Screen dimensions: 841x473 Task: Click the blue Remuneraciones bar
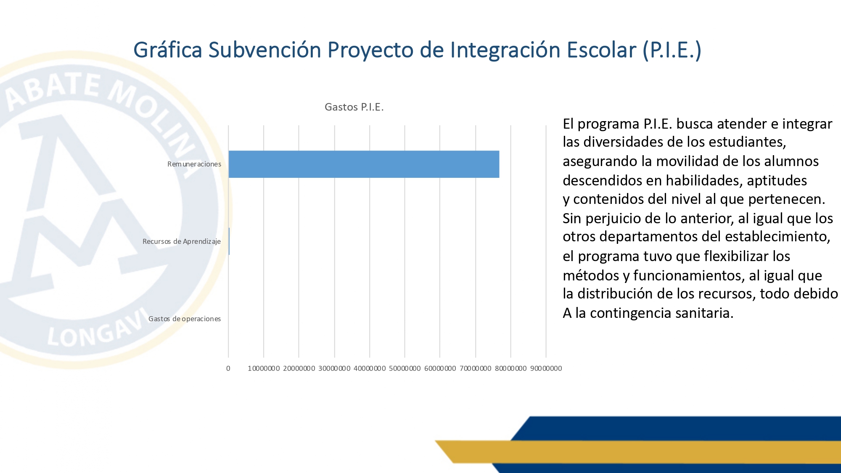coord(364,164)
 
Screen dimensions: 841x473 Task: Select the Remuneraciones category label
coord(194,164)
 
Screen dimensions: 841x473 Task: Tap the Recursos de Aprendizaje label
coord(182,241)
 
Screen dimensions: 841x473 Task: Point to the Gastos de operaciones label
coord(185,319)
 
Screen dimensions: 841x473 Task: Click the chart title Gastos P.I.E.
coord(354,107)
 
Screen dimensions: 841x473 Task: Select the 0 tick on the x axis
coord(228,368)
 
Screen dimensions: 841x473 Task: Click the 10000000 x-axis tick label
coord(264,368)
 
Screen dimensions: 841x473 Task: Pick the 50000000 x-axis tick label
coord(405,368)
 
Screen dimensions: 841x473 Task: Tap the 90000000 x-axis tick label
coord(546,368)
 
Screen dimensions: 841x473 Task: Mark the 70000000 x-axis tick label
coord(475,368)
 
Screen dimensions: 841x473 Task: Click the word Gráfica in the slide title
coord(168,50)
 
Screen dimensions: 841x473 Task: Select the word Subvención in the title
coord(265,50)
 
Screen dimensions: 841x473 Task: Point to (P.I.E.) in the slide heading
coord(672,50)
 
